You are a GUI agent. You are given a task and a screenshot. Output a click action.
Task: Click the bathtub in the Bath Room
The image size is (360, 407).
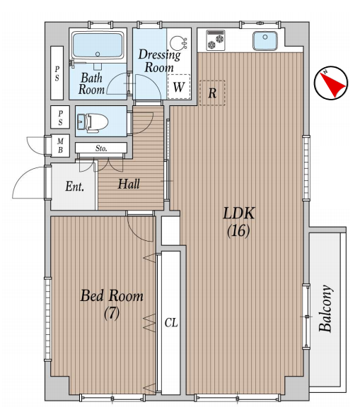click(98, 46)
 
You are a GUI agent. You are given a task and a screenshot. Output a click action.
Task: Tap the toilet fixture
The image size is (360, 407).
click(93, 122)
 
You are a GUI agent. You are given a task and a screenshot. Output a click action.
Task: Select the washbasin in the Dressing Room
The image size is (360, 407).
click(178, 42)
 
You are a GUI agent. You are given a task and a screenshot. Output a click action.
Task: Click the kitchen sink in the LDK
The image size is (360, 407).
click(265, 40)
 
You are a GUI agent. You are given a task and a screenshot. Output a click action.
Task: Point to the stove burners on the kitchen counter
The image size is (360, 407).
click(216, 40)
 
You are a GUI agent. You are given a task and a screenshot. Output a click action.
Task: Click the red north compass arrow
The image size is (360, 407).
click(334, 83)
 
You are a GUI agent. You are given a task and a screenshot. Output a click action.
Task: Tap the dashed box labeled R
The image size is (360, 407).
click(212, 93)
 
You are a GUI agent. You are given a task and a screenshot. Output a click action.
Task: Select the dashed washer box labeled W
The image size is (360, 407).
click(179, 87)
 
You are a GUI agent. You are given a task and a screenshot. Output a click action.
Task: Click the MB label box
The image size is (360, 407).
click(60, 146)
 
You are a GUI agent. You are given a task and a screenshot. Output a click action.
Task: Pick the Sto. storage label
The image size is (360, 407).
click(101, 148)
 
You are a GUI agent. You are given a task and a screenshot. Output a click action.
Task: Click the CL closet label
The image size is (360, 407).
click(171, 323)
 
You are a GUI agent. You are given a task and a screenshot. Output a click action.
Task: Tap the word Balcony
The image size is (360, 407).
click(325, 308)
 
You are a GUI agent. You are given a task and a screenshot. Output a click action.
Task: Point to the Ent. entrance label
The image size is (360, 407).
click(74, 187)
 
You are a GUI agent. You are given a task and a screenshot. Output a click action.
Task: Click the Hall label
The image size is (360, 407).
click(129, 184)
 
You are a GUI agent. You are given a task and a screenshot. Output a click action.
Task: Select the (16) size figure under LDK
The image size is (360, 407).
click(238, 230)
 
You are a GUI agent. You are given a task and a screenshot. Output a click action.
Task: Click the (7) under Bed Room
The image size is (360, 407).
click(112, 313)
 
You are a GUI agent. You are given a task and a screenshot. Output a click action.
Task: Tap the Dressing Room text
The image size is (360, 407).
click(159, 61)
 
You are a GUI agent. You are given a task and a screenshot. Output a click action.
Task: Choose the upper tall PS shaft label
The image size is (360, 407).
click(57, 73)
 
